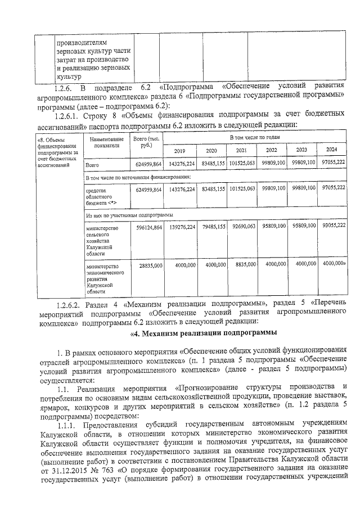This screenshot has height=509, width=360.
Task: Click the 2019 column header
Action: (179, 151)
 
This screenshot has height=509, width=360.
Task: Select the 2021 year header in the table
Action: (241, 151)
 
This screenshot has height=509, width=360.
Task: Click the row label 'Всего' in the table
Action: (92, 165)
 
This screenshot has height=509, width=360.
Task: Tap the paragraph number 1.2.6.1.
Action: (69, 115)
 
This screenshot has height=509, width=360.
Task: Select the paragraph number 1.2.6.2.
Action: (70, 304)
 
